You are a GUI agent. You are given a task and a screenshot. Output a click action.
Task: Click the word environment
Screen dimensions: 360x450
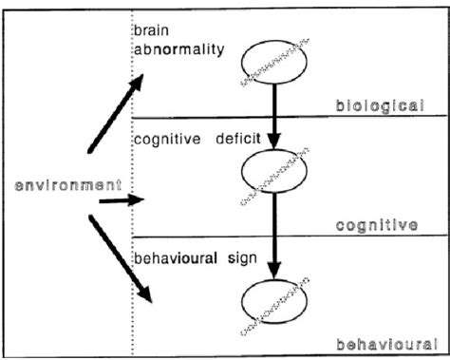pyautogui.click(x=61, y=185)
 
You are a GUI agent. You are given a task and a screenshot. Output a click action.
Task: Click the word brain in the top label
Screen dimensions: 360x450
pyautogui.click(x=150, y=32)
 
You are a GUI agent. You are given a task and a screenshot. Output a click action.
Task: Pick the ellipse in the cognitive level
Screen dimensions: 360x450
pyautogui.click(x=273, y=174)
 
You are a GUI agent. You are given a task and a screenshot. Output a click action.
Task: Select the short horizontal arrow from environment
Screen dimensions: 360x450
pyautogui.click(x=121, y=200)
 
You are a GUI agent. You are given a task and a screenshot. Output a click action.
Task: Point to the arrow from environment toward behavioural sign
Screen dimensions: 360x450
pyautogui.click(x=122, y=258)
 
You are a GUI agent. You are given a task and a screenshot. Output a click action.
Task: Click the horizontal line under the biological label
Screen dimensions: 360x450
pyautogui.click(x=285, y=117)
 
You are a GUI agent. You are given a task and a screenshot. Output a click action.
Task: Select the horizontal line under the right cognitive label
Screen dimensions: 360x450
pyautogui.click(x=285, y=236)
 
